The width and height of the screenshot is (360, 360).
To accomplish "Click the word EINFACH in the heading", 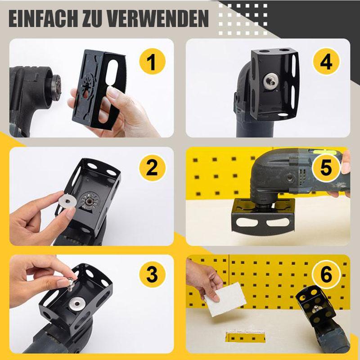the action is pos(43,19).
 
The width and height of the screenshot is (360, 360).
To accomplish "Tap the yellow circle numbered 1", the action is pos(152,62).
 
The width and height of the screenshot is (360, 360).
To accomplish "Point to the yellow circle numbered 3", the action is pos(152,274).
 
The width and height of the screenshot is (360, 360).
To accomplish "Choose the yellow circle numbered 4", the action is pos(326,62).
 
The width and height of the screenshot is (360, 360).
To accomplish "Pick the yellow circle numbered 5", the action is pos(326,167).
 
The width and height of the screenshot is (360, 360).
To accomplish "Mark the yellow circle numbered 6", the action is pos(326,274).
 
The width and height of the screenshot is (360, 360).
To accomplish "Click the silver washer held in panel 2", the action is pos(67,202).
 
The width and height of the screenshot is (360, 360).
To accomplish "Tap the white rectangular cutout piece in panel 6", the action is pos(225,300).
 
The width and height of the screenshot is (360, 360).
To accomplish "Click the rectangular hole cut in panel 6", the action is pos(245,337).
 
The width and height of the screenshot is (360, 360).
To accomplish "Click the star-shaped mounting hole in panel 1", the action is pos(86,86).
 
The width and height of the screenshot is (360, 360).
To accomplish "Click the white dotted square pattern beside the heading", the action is pos(243,19).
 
